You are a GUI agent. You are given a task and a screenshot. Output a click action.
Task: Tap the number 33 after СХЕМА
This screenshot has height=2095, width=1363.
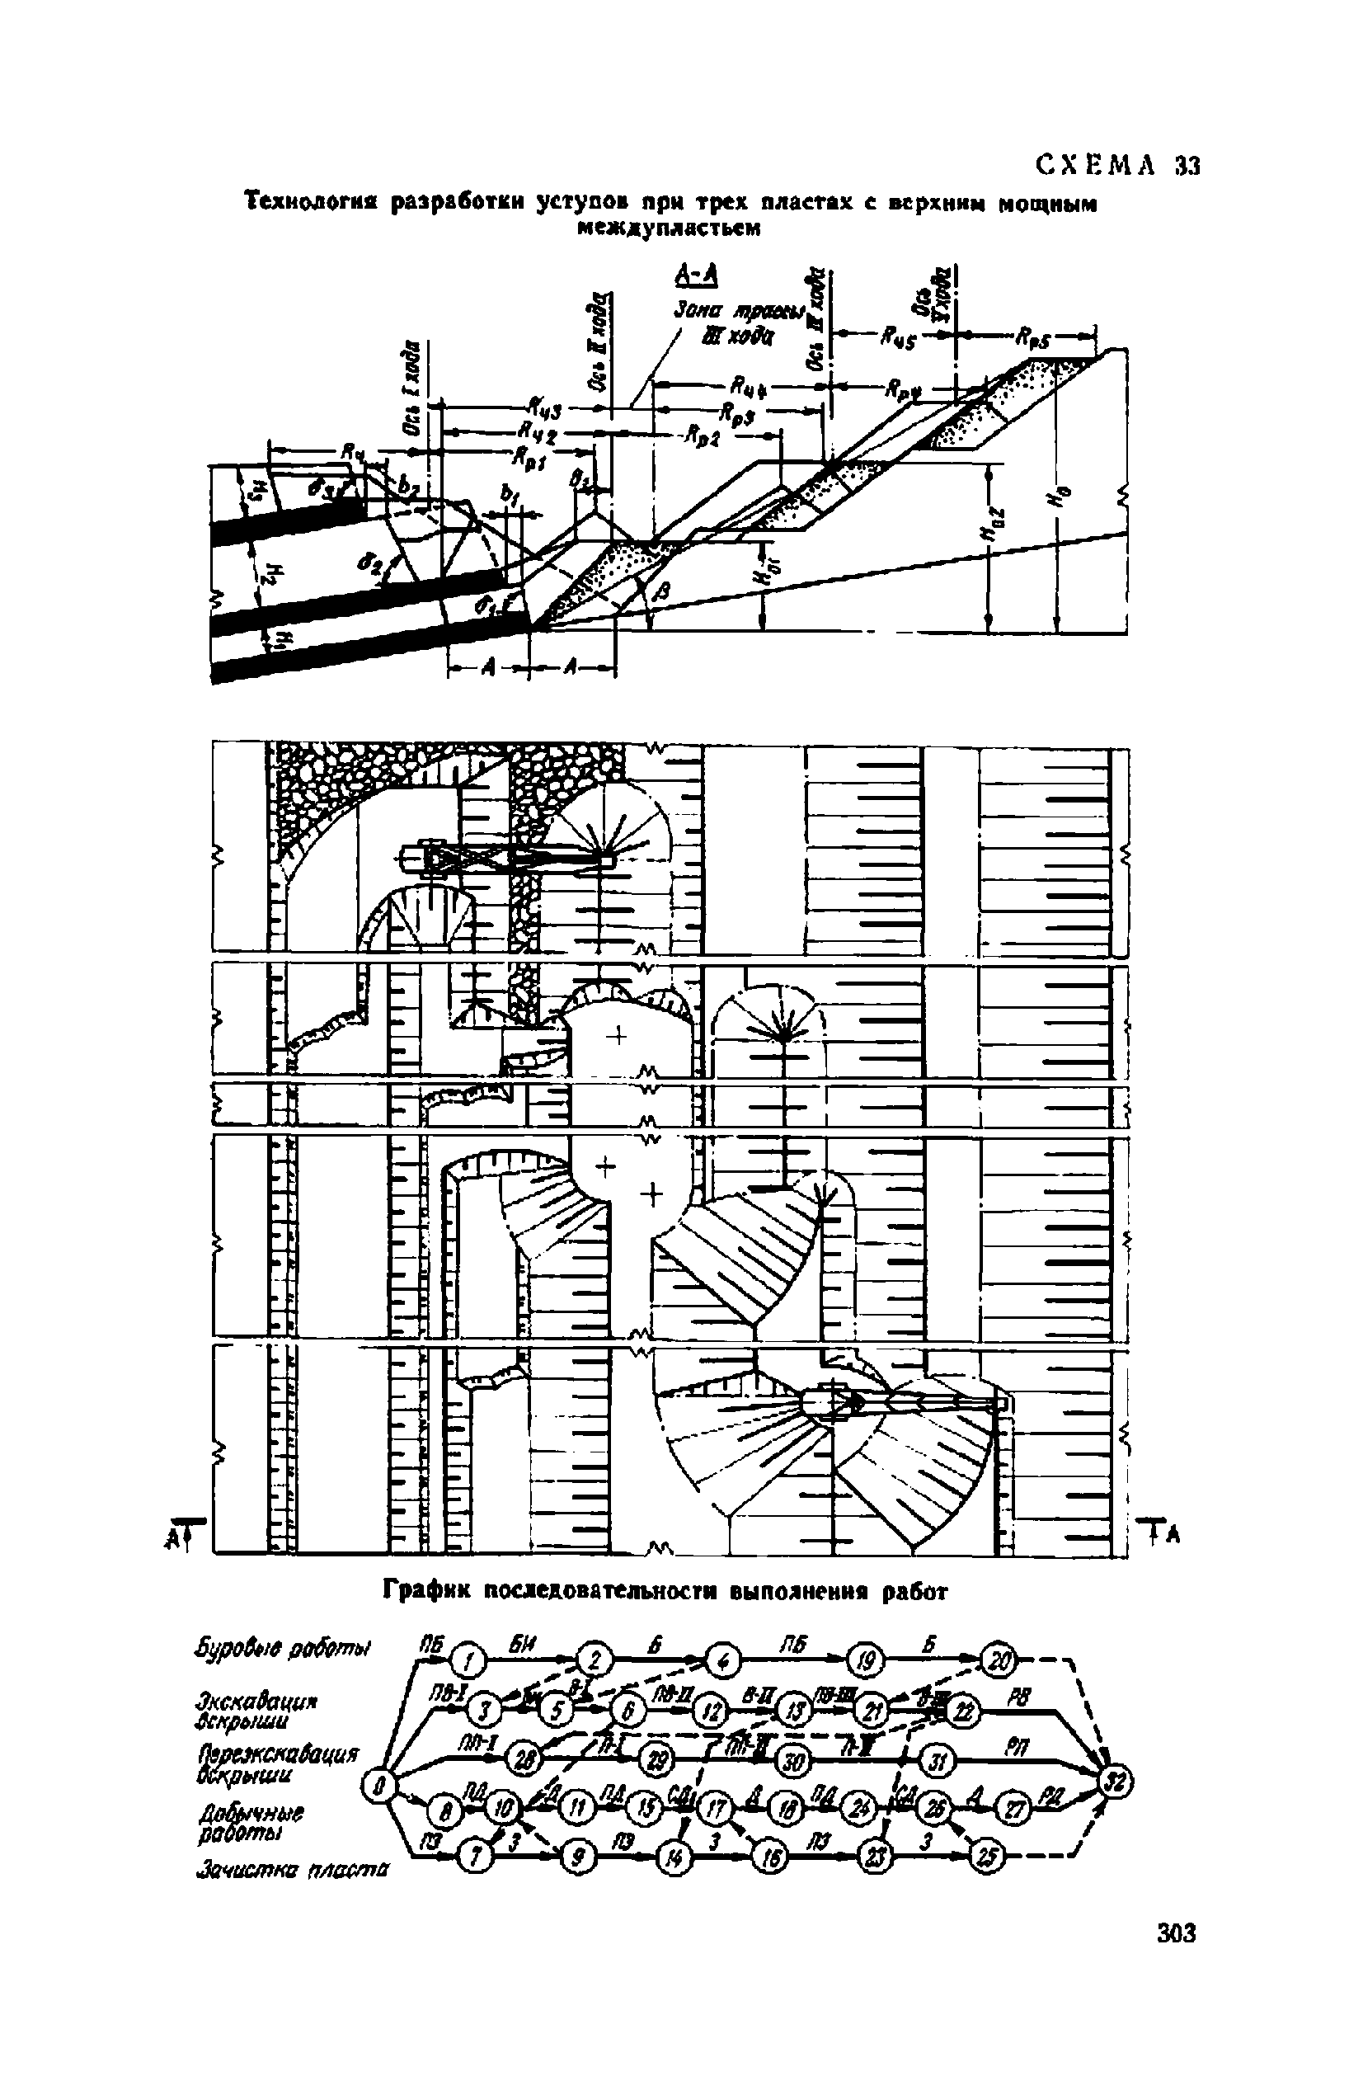1187,166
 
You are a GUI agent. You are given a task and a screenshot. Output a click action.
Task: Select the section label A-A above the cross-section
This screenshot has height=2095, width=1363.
695,276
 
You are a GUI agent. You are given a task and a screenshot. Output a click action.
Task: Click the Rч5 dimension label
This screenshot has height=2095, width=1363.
897,338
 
